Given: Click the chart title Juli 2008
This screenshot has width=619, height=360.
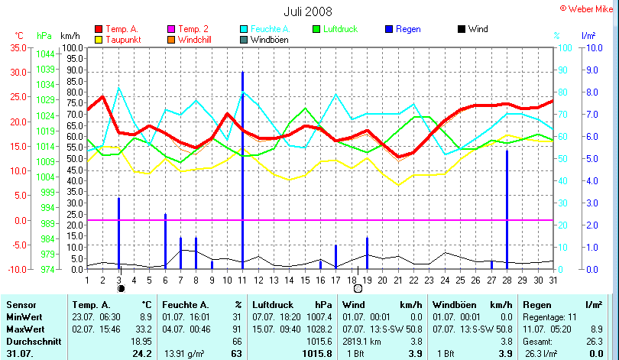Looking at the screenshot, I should pos(309,11).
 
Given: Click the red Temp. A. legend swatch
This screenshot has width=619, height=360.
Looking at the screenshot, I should pos(99,29).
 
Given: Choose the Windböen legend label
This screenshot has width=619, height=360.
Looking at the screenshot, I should pos(270,40).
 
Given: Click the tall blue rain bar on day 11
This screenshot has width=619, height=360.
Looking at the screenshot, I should pos(242,168).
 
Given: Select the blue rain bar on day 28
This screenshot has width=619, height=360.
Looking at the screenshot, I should pos(507,209).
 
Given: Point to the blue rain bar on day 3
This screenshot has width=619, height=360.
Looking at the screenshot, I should pos(118,232).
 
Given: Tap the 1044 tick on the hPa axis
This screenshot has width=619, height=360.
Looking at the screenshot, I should pos(45,54).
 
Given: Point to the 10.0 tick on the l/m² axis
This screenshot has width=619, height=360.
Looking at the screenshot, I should pos(592,47).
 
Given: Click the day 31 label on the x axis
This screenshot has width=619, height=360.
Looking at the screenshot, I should pos(553,280).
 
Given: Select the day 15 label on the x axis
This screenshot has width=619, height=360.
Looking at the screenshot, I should pos(305,280).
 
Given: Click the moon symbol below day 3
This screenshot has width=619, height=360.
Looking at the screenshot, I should pos(120,289).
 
